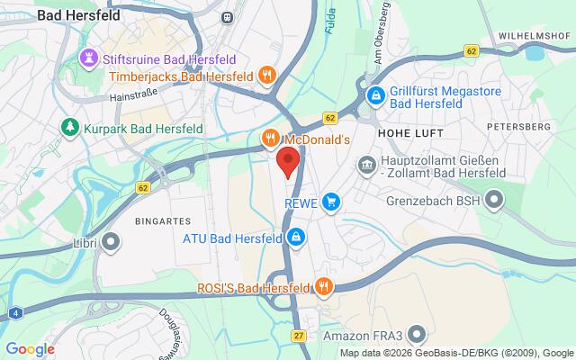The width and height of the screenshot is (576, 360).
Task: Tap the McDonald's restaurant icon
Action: click(x=269, y=139)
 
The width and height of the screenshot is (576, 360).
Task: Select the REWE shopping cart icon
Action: click(x=332, y=202)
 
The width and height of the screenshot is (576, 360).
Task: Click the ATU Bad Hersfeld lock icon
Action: click(x=295, y=238)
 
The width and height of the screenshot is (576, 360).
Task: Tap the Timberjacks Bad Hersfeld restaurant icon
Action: click(x=265, y=76)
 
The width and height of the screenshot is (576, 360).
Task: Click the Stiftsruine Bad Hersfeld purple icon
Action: click(x=89, y=58)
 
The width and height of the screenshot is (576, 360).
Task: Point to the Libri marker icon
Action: click(x=112, y=241)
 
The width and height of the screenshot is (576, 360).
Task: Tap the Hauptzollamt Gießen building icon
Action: click(x=367, y=164)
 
